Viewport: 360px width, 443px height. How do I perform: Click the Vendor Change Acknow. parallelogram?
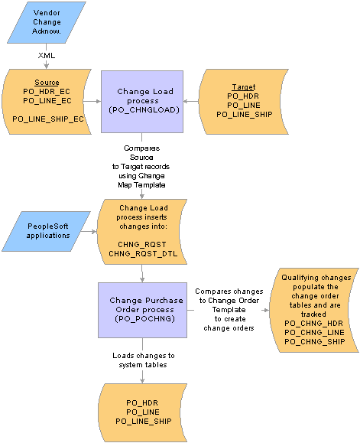[x=47, y=22]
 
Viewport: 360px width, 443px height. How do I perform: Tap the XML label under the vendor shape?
[x=47, y=55]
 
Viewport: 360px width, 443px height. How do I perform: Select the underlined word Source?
[x=47, y=83]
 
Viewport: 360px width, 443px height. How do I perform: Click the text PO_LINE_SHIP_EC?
[x=48, y=119]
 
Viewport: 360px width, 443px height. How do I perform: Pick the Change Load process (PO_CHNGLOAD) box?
[x=142, y=102]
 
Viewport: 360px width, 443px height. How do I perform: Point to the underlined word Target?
[x=244, y=87]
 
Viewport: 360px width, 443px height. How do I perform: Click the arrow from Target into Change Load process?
[x=191, y=101]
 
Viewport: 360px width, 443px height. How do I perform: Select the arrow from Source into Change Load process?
[x=92, y=101]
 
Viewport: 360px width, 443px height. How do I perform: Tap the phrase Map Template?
[x=141, y=184]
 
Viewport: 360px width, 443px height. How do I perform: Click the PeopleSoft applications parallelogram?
[x=47, y=231]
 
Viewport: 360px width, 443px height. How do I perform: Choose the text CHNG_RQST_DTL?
[x=143, y=254]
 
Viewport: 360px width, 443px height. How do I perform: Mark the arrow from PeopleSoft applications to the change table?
[x=89, y=232]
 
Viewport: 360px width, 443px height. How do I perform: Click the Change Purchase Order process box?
[x=142, y=310]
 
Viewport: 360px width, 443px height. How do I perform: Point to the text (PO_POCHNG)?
[x=144, y=319]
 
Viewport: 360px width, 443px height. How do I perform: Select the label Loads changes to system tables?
[x=144, y=360]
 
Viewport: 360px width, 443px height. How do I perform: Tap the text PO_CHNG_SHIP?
[x=315, y=341]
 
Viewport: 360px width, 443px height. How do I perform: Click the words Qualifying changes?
[x=316, y=278]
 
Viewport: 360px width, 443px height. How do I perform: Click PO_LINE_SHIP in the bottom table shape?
[x=144, y=421]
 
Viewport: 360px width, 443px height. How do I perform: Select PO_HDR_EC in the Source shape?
[x=47, y=92]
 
